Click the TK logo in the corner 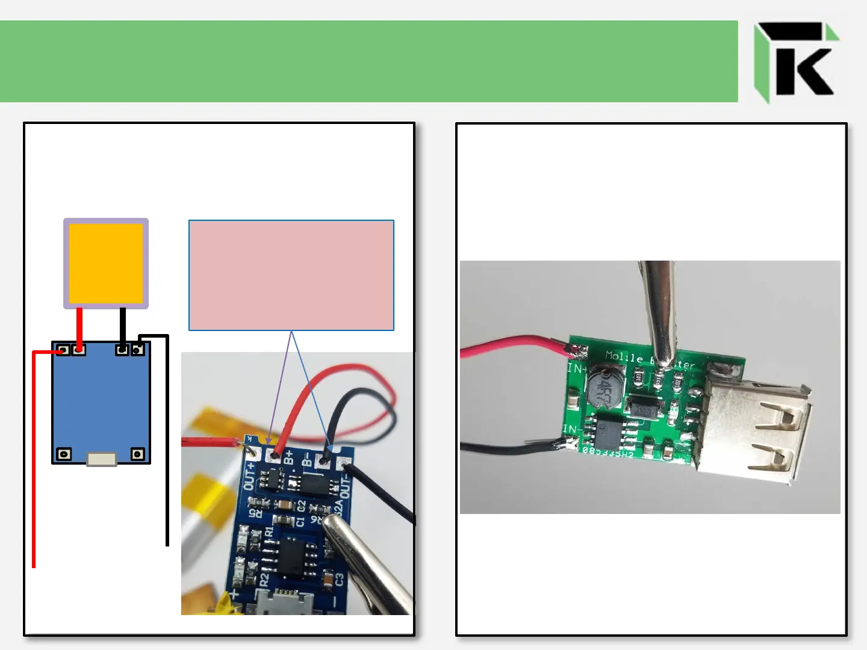(x=795, y=61)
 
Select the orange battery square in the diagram (x=106, y=263)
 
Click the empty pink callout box (x=291, y=275)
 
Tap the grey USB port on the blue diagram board (x=101, y=459)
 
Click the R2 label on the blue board (x=264, y=580)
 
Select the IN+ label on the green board (x=577, y=368)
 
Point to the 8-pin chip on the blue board (x=293, y=555)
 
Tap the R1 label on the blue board (x=269, y=532)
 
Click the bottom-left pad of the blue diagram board (x=64, y=454)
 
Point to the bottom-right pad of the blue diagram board (x=138, y=454)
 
